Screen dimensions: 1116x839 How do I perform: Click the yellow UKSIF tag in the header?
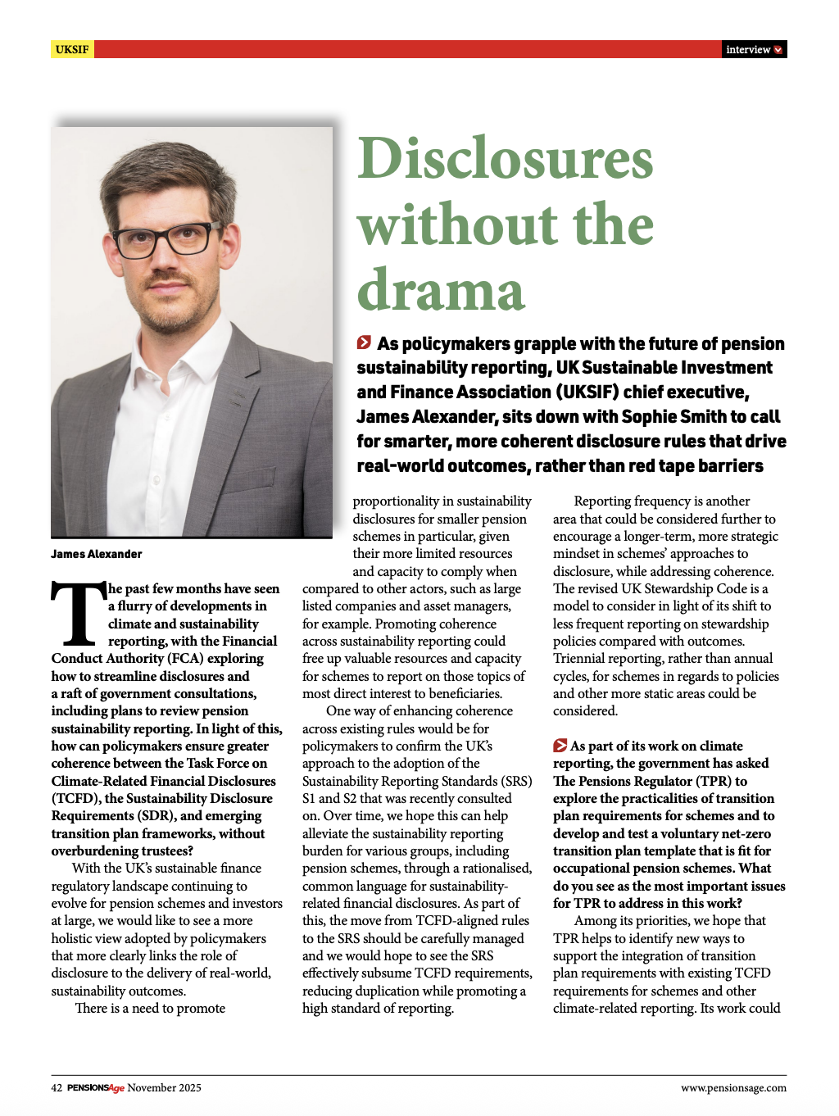click(x=72, y=49)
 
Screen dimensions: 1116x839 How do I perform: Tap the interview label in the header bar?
click(x=747, y=49)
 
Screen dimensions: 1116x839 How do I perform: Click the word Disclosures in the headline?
click(x=506, y=158)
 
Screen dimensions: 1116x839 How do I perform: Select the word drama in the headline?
click(x=441, y=290)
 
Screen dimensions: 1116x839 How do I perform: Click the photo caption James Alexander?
click(x=97, y=554)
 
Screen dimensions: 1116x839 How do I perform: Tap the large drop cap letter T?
click(x=78, y=613)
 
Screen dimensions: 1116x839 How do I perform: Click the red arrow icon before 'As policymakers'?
click(x=364, y=343)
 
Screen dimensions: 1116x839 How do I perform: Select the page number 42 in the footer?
click(x=57, y=1087)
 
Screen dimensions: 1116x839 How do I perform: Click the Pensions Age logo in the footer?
click(x=95, y=1087)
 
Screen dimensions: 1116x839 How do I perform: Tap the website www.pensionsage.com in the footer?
click(x=733, y=1087)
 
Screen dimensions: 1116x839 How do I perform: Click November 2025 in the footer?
click(x=164, y=1087)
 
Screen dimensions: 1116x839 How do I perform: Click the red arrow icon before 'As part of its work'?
click(x=560, y=746)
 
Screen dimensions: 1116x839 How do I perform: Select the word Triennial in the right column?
click(x=580, y=659)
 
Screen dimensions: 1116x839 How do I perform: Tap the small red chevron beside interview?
click(x=778, y=49)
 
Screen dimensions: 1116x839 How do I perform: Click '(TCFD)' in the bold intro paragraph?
click(x=75, y=798)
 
